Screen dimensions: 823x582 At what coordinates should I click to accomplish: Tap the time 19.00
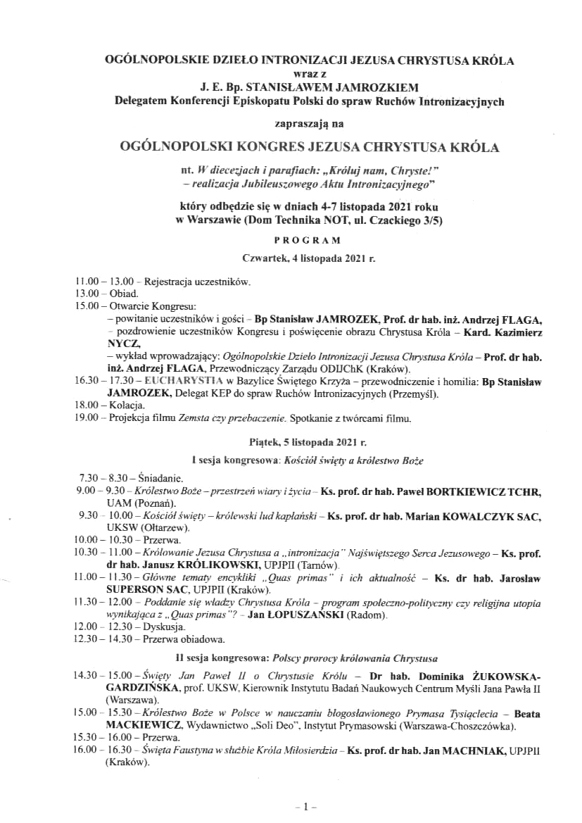click(x=86, y=419)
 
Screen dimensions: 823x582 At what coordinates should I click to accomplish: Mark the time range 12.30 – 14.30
click(x=107, y=639)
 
